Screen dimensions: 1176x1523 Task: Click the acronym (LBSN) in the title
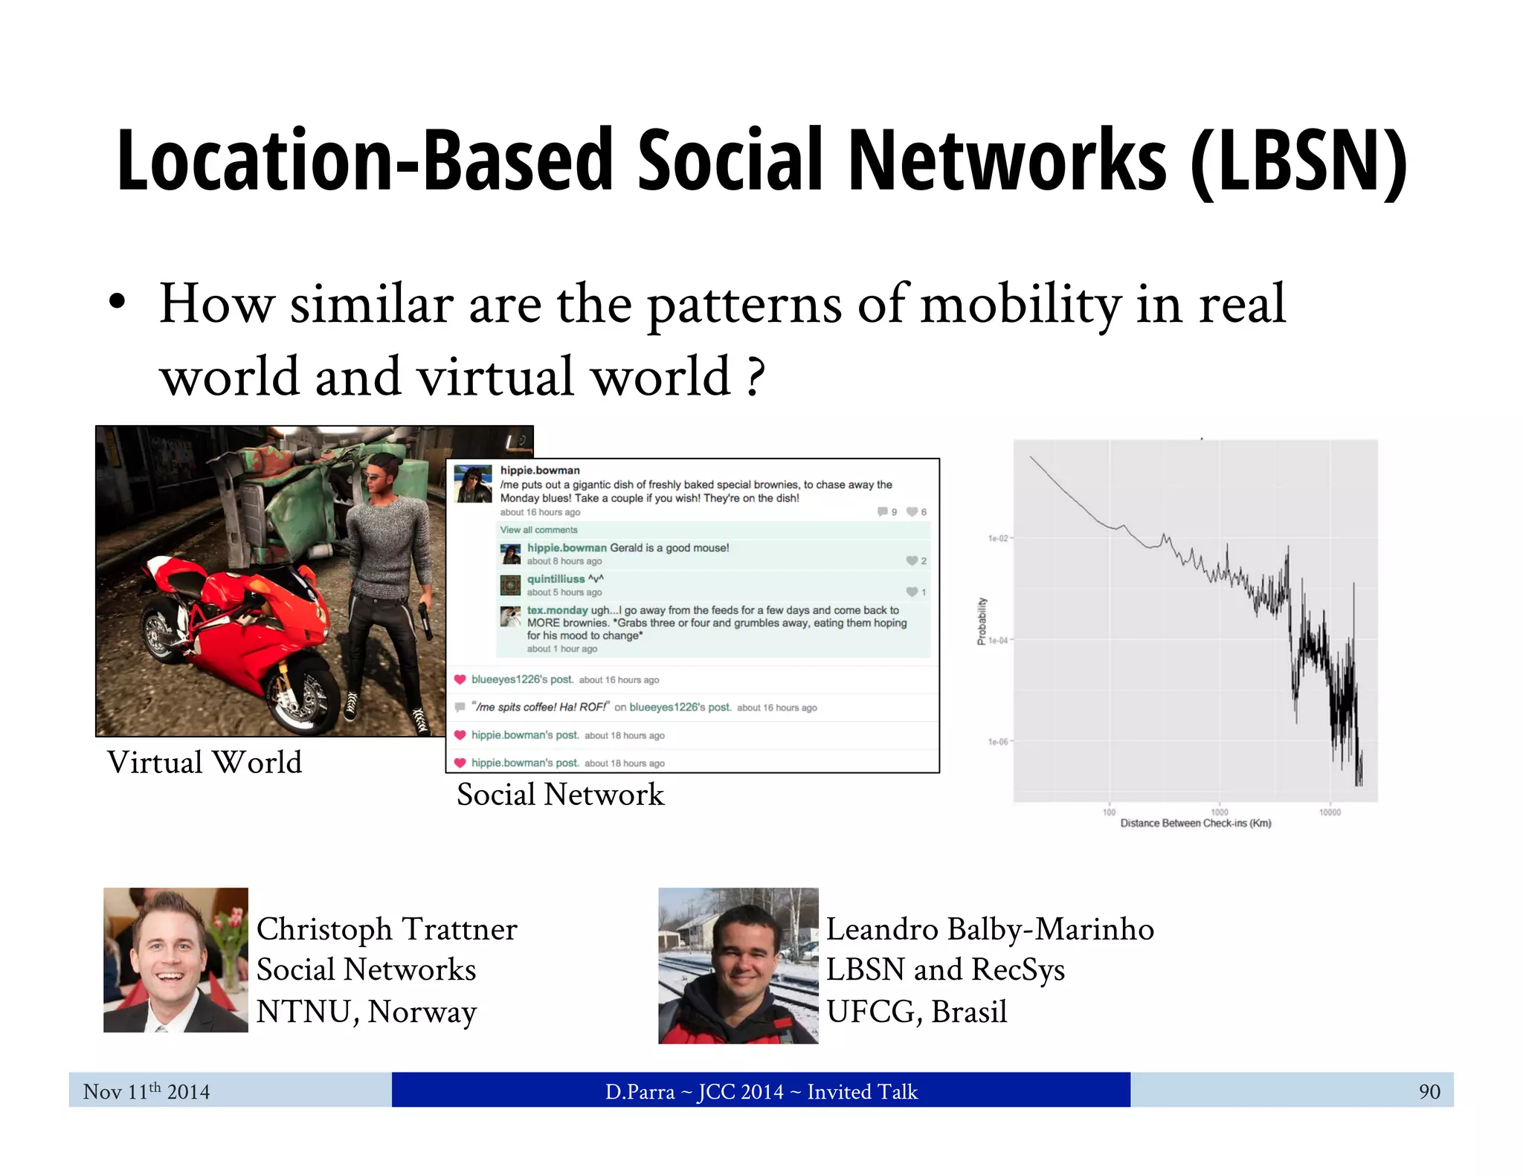pyautogui.click(x=1298, y=162)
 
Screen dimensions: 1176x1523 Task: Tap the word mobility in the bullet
pyautogui.click(x=1020, y=305)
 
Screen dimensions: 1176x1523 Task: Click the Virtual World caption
pyautogui.click(x=205, y=763)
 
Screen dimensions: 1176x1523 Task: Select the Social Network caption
pyautogui.click(x=560, y=795)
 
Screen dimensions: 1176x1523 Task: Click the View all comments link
pyautogui.click(x=538, y=530)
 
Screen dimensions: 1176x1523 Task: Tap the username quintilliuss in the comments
pyautogui.click(x=556, y=579)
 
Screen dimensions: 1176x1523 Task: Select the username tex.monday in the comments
pyautogui.click(x=557, y=610)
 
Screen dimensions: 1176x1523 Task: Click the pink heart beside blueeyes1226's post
pyautogui.click(x=460, y=679)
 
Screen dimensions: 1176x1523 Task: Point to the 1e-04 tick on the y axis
pyautogui.click(x=998, y=640)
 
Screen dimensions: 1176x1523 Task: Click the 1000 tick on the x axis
pyautogui.click(x=1220, y=812)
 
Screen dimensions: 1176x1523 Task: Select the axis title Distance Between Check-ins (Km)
pyautogui.click(x=1195, y=824)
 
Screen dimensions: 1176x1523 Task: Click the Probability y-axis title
pyautogui.click(x=982, y=621)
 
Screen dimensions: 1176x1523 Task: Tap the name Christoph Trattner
pyautogui.click(x=387, y=929)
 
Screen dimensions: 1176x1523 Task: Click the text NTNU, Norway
pyautogui.click(x=367, y=1012)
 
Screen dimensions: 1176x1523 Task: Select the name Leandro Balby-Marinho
pyautogui.click(x=990, y=929)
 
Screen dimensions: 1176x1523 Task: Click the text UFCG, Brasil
pyautogui.click(x=916, y=1012)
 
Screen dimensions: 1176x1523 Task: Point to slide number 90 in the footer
pyautogui.click(x=1429, y=1091)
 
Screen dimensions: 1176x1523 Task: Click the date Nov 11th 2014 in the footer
pyautogui.click(x=146, y=1091)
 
